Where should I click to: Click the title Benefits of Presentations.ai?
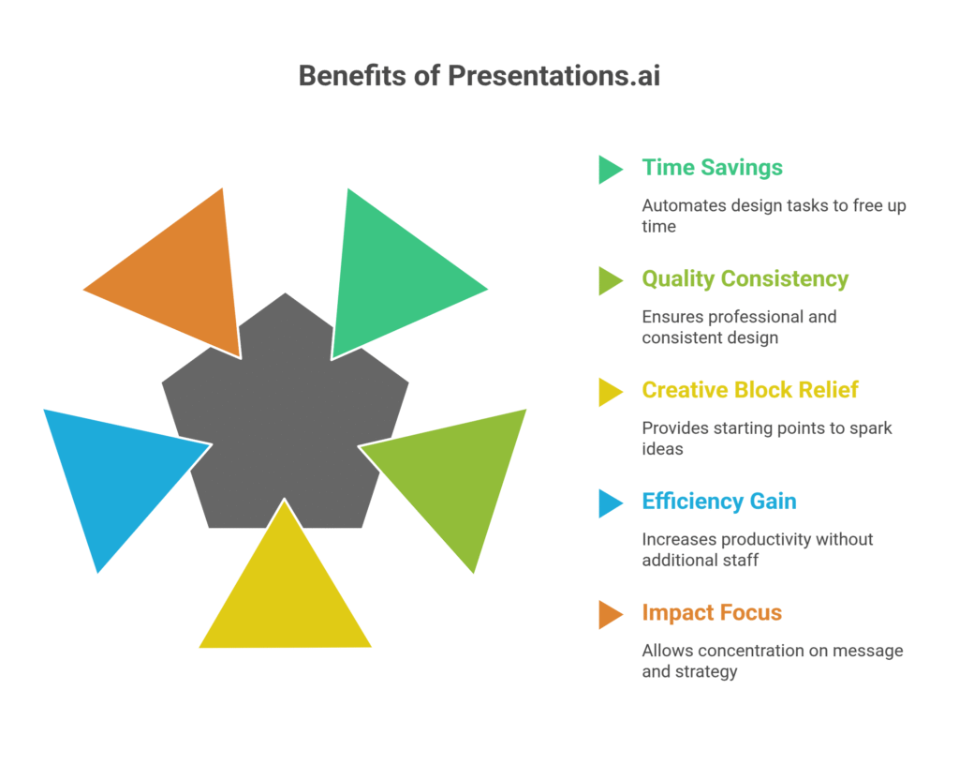tap(479, 76)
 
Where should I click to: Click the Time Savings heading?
tap(712, 168)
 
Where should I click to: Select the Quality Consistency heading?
tap(745, 279)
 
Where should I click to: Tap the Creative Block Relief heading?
tap(749, 390)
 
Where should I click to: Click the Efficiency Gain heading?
tap(718, 502)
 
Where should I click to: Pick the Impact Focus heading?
tap(711, 613)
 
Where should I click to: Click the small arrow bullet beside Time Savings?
tap(609, 169)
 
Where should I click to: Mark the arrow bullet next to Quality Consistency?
tap(609, 280)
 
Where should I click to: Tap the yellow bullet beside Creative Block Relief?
tap(609, 392)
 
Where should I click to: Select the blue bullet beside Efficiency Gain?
tap(609, 503)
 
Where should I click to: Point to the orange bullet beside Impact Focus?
tap(609, 614)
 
